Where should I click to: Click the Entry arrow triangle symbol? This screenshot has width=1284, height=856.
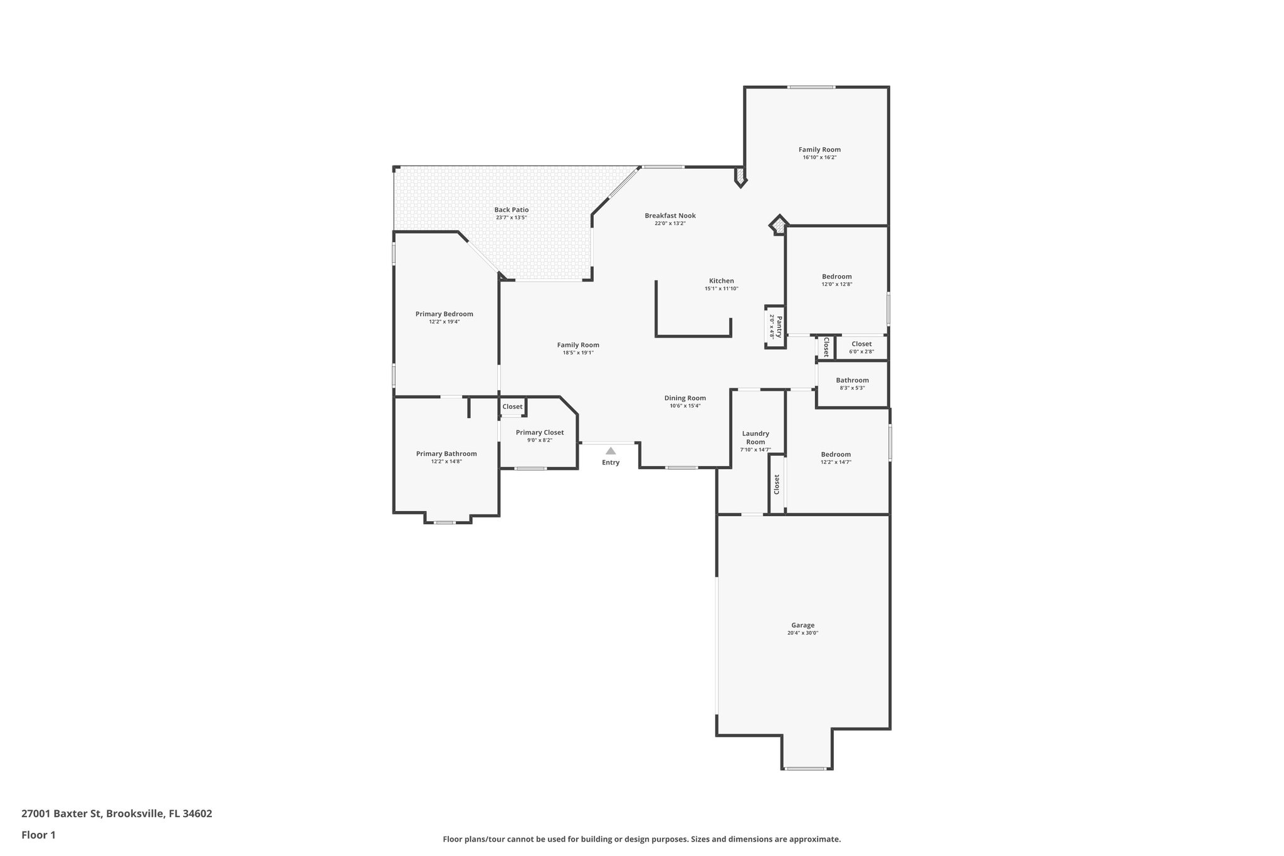pos(611,450)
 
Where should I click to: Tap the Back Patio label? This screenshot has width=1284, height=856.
pos(511,210)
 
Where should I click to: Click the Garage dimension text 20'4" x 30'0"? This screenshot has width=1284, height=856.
pos(802,633)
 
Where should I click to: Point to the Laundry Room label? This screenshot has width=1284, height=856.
pos(755,437)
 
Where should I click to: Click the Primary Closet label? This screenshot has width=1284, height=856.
pos(539,432)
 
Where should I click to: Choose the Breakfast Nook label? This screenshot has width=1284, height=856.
pos(670,216)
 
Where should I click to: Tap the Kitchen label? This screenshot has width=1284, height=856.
pos(721,281)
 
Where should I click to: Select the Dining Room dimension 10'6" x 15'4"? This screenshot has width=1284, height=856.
pos(685,406)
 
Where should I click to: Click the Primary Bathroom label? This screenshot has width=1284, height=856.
pos(446,453)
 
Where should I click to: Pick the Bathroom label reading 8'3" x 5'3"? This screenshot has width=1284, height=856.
pos(852,380)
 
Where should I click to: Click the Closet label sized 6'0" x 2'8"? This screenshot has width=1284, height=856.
pos(861,344)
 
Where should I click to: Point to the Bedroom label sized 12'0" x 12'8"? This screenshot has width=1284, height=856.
pos(837,277)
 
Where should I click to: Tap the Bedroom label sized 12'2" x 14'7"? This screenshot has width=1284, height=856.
pos(836,455)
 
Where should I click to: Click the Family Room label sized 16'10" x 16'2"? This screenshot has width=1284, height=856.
pos(819,149)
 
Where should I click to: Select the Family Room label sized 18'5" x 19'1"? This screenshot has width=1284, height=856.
pos(578,345)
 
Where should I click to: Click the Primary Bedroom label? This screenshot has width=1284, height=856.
pos(444,314)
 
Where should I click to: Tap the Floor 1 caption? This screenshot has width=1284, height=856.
pos(38,835)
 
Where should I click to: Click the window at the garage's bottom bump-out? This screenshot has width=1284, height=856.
pos(806,768)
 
